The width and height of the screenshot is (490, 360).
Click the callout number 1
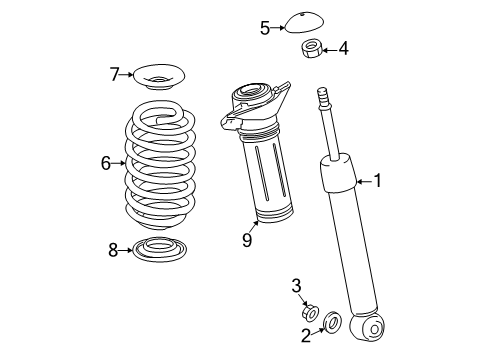tap(377, 181)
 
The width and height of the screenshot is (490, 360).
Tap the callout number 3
tap(297, 287)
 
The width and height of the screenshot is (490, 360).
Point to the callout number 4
tap(343, 47)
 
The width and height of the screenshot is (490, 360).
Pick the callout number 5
tap(265, 27)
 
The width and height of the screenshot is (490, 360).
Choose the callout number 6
tap(105, 161)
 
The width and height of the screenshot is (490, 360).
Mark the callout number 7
tap(115, 73)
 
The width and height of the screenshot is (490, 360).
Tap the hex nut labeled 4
tap(311, 47)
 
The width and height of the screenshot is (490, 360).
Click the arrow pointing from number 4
tap(329, 47)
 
